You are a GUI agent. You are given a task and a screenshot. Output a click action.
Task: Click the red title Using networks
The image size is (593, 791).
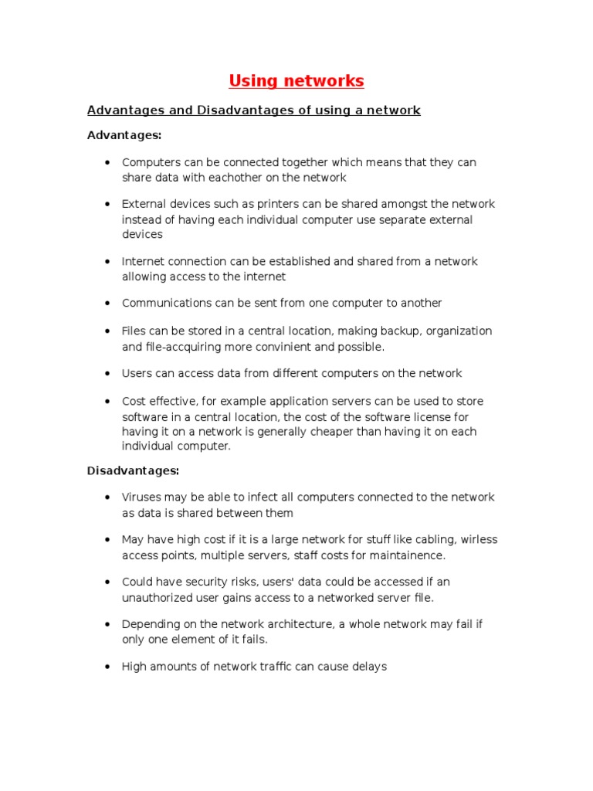[x=296, y=81]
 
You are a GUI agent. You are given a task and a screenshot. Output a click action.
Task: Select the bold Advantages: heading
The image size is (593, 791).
[x=124, y=135]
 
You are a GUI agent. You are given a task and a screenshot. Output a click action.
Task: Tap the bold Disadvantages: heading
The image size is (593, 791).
[x=133, y=470]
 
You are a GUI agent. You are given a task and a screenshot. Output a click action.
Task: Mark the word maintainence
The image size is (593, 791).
[x=407, y=555]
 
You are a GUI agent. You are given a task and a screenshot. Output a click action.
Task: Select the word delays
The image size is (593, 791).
[x=368, y=667]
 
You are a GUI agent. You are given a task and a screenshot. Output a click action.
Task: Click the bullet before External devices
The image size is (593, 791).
[x=106, y=205]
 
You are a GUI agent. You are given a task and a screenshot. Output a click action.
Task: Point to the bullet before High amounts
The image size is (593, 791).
[x=106, y=667]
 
